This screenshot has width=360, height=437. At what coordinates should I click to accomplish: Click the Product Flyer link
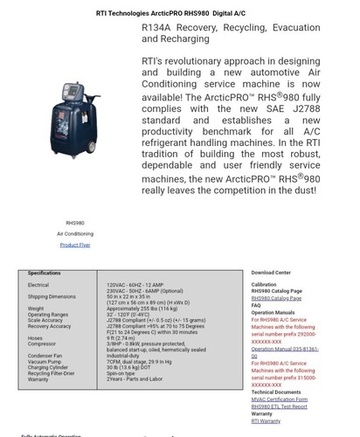75,245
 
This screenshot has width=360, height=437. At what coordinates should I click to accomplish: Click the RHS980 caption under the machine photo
75,223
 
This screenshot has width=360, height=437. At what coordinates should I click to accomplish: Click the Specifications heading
45,273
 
